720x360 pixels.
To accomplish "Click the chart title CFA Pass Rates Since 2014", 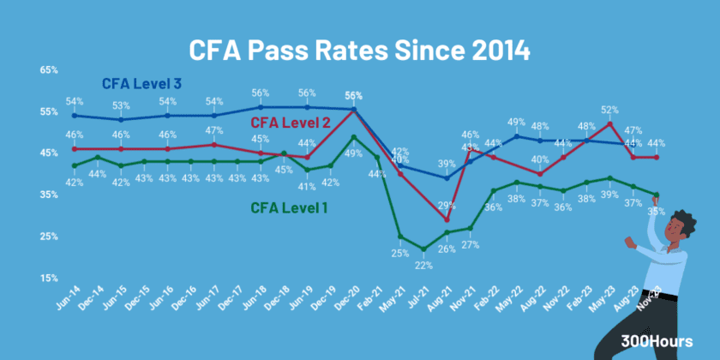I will [360, 49].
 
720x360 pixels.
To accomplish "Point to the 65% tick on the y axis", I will [48, 70].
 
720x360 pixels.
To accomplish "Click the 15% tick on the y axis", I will [48, 278].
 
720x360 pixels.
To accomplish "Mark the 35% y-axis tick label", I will [48, 195].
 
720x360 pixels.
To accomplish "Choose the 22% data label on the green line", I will [423, 264].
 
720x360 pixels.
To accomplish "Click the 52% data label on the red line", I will [609, 110].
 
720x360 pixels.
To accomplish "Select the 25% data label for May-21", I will [399, 252].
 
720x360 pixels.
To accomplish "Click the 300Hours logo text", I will [657, 341].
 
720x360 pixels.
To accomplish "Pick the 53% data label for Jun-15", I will [121, 106].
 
